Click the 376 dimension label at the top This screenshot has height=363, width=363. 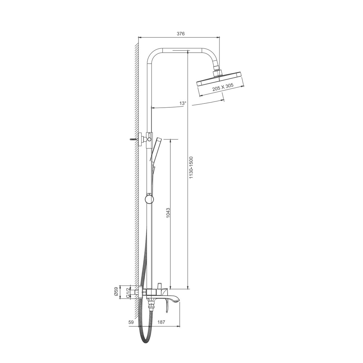[x=181, y=34]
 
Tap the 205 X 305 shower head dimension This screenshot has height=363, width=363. [x=223, y=87]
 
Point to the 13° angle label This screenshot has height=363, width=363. [x=182, y=103]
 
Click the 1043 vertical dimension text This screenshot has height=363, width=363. [x=168, y=213]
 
